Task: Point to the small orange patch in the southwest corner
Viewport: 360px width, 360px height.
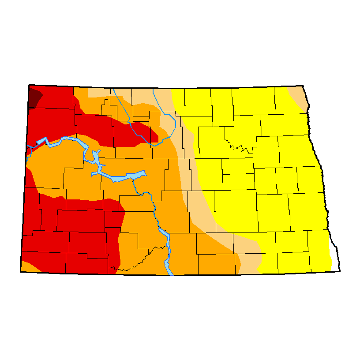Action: pyautogui.click(x=27, y=267)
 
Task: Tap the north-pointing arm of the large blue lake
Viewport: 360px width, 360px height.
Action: pyautogui.click(x=95, y=156)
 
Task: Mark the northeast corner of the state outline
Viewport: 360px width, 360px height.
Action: pyautogui.click(x=304, y=86)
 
